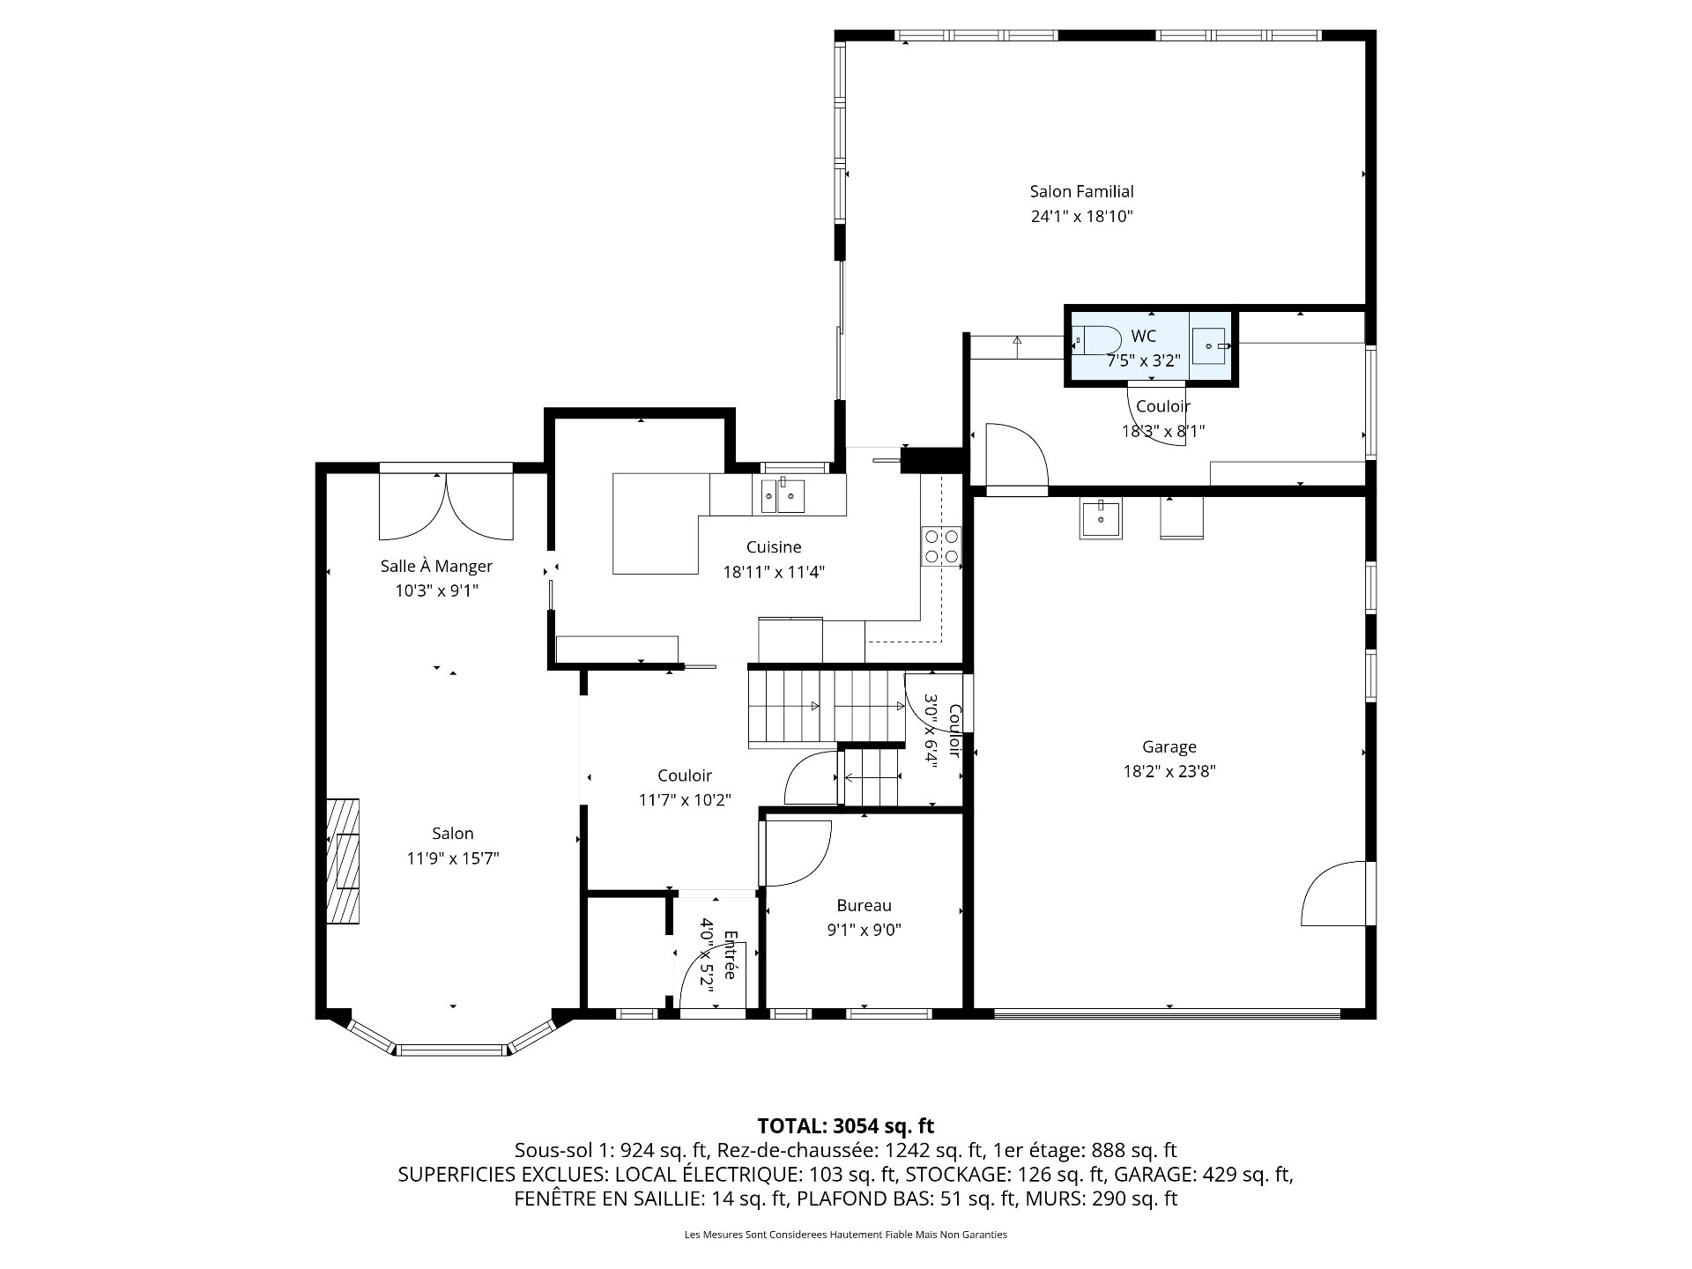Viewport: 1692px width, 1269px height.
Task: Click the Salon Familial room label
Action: (1081, 191)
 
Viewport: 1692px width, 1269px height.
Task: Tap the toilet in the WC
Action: (1095, 339)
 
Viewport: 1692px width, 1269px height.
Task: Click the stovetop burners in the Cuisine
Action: (942, 545)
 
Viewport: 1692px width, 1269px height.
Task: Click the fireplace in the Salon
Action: (343, 861)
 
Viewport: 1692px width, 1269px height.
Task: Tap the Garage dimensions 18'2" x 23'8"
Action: (1169, 771)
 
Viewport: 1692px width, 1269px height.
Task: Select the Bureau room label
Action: (864, 905)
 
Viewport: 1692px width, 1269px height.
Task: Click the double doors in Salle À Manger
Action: (446, 507)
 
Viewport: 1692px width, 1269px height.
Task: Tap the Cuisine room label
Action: (774, 547)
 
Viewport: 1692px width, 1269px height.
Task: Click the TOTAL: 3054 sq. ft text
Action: (846, 1125)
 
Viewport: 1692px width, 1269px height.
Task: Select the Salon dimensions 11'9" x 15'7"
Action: (453, 857)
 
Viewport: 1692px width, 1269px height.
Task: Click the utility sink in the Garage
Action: (1102, 519)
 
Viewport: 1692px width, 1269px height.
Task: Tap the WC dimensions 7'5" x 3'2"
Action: (1144, 360)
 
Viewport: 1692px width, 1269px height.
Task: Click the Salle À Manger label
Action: (436, 566)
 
